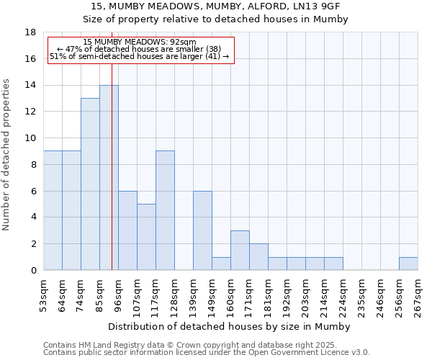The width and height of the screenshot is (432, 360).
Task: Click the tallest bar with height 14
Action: point(109,178)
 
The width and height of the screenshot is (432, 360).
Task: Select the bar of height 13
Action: point(90,184)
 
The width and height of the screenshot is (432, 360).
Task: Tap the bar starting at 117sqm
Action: point(165,210)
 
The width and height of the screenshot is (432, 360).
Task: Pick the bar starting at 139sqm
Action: point(202,230)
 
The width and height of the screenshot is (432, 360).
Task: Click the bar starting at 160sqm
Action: point(240,251)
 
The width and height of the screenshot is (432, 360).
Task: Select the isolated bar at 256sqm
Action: point(408,264)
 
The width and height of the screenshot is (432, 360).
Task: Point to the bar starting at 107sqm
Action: point(146,237)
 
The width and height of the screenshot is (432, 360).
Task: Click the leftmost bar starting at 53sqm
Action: point(53,210)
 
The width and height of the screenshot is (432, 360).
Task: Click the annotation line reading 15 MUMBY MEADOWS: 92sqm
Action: point(140,42)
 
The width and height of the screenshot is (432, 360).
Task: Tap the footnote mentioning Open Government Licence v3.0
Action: point(207,353)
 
